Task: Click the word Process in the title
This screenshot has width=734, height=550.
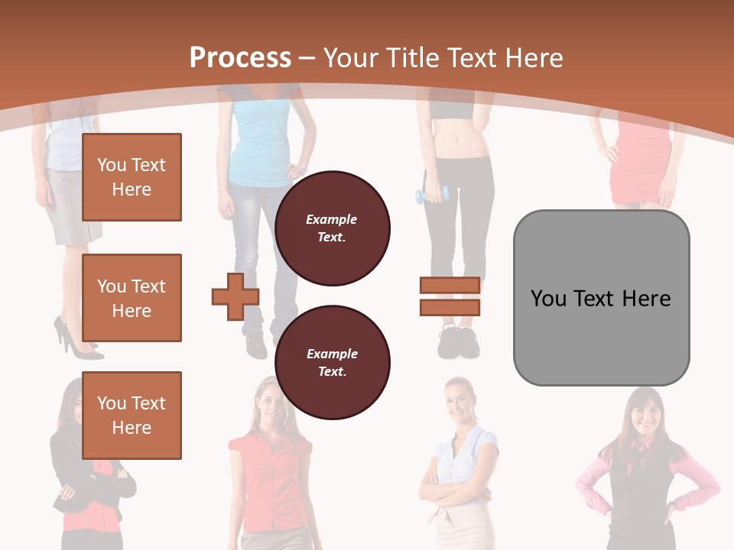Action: point(240,58)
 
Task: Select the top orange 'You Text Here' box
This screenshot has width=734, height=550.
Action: point(132,177)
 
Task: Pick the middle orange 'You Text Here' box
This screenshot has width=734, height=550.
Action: point(132,298)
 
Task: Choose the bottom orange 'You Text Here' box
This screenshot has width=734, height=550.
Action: point(132,416)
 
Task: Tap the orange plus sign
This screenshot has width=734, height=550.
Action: point(235,296)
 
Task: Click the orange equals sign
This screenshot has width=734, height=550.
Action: point(450,296)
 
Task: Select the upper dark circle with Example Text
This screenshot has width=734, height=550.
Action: point(333,228)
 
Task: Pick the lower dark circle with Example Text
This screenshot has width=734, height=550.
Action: point(333,363)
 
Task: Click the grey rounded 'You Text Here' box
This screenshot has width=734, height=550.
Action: point(601,298)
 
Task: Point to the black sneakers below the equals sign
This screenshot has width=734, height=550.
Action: point(459,344)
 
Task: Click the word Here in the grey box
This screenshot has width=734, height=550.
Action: point(646,299)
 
